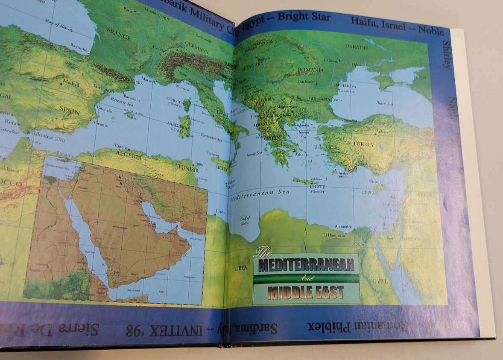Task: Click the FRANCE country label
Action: pyautogui.click(x=118, y=34)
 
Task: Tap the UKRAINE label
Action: pyautogui.click(x=356, y=47)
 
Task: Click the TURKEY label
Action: pyautogui.click(x=363, y=144)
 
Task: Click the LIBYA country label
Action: pyautogui.click(x=241, y=268)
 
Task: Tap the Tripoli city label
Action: pyautogui.click(x=220, y=211)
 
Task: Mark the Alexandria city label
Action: pyautogui.click(x=344, y=226)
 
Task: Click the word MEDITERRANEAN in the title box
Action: pyautogui.click(x=306, y=265)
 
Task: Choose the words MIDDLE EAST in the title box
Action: pyautogui.click(x=306, y=293)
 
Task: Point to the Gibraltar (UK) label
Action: pyautogui.click(x=48, y=133)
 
